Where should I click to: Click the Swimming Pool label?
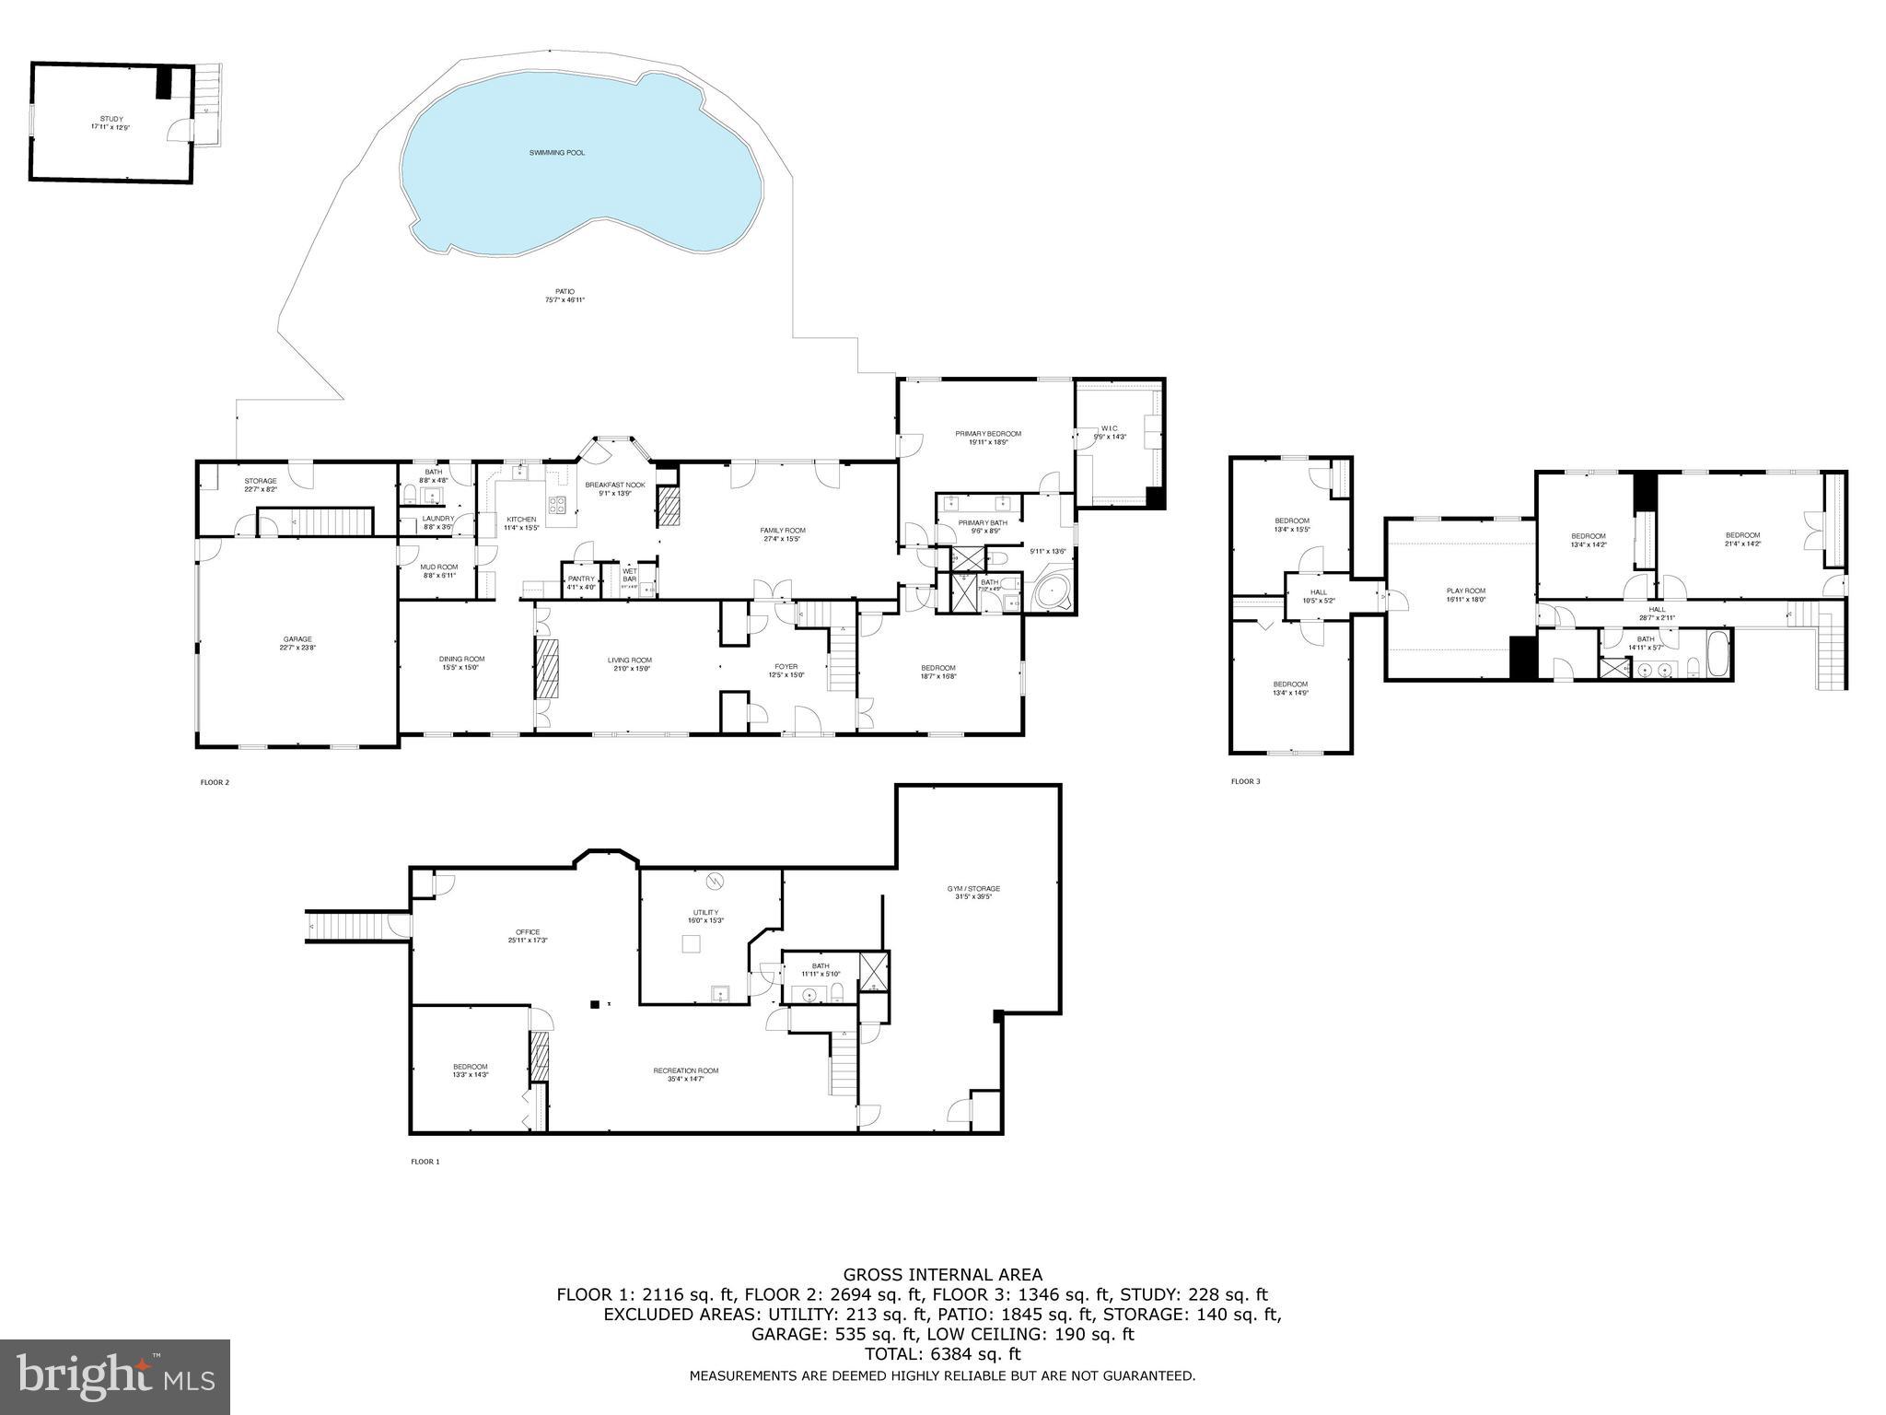[x=556, y=152]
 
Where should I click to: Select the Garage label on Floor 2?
[x=297, y=638]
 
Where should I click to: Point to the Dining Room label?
[x=461, y=659]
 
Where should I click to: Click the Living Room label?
[x=629, y=660]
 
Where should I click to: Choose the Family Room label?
[x=782, y=530]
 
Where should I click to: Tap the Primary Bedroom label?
[x=987, y=433]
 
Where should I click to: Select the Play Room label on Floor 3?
[x=1465, y=591]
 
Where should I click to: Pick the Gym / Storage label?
[x=973, y=888]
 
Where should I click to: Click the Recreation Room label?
[x=685, y=1070]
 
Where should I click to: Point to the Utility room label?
[x=705, y=912]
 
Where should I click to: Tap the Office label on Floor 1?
[x=528, y=931]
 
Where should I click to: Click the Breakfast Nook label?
[x=614, y=485]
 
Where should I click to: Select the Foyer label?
[x=786, y=666]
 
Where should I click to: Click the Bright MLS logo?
[x=115, y=1375]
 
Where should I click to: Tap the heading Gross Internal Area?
[x=942, y=1275]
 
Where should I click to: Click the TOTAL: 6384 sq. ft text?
[x=942, y=1354]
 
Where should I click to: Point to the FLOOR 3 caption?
[x=1245, y=782]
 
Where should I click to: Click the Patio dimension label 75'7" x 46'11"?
[x=565, y=299]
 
